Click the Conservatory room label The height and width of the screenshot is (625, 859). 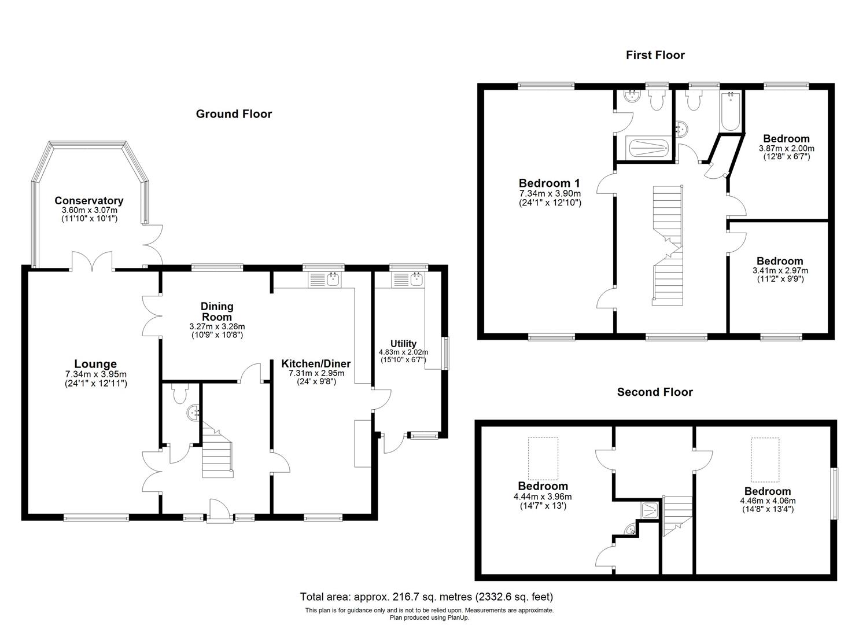(x=89, y=201)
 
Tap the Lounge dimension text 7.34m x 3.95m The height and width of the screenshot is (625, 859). (x=96, y=374)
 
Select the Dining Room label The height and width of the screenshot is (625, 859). (x=217, y=311)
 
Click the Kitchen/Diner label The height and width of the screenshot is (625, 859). (x=316, y=363)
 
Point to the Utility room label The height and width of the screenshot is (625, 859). (x=403, y=344)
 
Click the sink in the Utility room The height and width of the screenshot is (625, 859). (x=416, y=280)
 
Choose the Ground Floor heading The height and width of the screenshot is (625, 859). (x=234, y=114)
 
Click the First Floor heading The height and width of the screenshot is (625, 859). (x=655, y=55)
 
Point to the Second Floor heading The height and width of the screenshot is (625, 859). (x=655, y=392)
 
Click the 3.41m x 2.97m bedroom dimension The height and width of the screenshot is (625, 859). (x=780, y=270)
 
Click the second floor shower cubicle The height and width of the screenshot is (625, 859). (x=650, y=509)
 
